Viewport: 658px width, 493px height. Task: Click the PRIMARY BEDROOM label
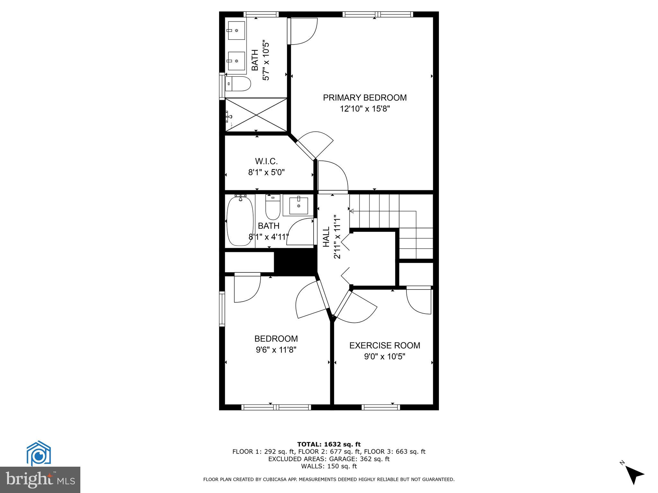pos(365,98)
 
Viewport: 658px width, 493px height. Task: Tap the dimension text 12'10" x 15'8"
pos(365,109)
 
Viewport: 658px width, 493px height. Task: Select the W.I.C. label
pos(266,161)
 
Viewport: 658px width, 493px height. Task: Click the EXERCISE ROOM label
pos(385,346)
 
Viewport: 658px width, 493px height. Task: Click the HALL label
pos(326,237)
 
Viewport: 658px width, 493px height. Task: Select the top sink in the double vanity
pos(236,30)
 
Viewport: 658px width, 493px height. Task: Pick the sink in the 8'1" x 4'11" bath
pos(298,206)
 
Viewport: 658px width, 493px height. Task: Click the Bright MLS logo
pos(40,480)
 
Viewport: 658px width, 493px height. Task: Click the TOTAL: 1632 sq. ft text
pos(329,444)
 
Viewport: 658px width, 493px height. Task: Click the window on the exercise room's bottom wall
pos(381,407)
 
